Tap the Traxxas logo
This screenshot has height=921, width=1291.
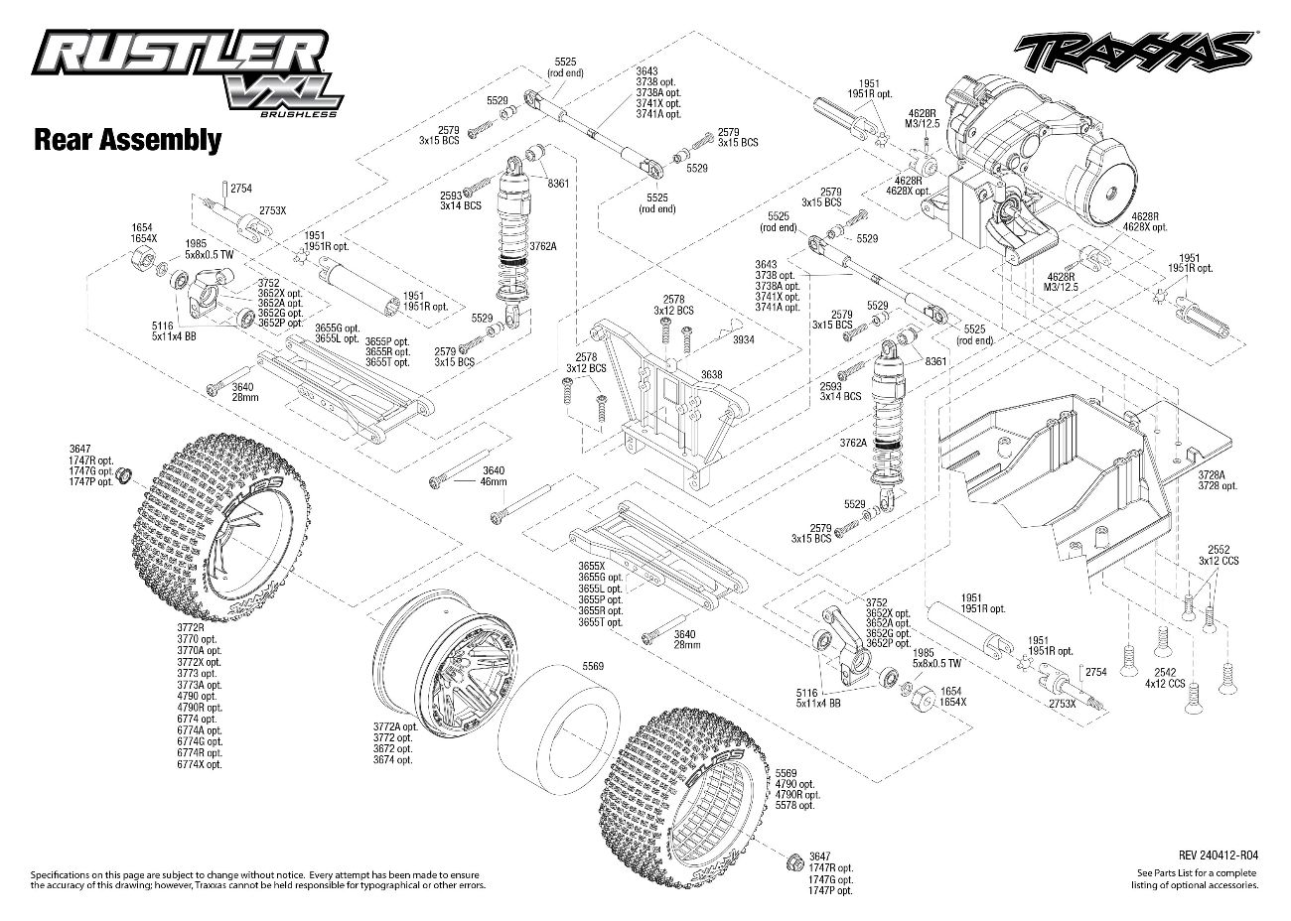(x=1132, y=50)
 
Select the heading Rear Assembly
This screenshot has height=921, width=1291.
(x=127, y=139)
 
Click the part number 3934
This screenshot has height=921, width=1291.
(x=744, y=338)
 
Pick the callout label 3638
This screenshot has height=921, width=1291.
(x=711, y=374)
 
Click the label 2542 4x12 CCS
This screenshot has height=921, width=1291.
(x=1163, y=679)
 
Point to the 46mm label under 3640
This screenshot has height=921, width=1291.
(x=494, y=481)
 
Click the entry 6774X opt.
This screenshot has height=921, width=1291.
(x=200, y=764)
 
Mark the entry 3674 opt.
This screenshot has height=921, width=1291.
(x=392, y=760)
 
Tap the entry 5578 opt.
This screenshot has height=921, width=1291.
(x=795, y=805)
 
